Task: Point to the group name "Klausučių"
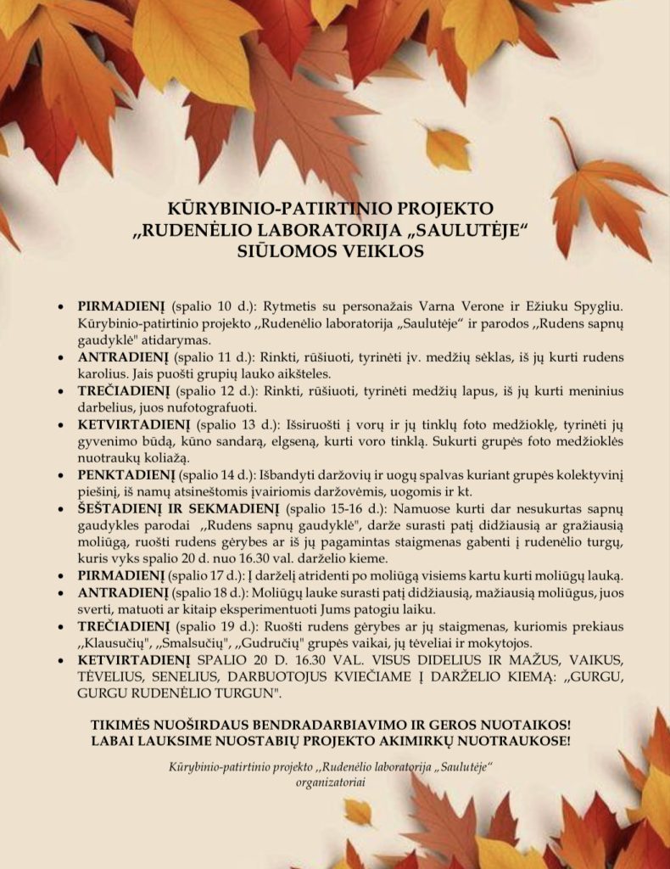pyautogui.click(x=115, y=642)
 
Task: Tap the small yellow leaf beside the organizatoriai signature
pyautogui.click(x=359, y=812)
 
